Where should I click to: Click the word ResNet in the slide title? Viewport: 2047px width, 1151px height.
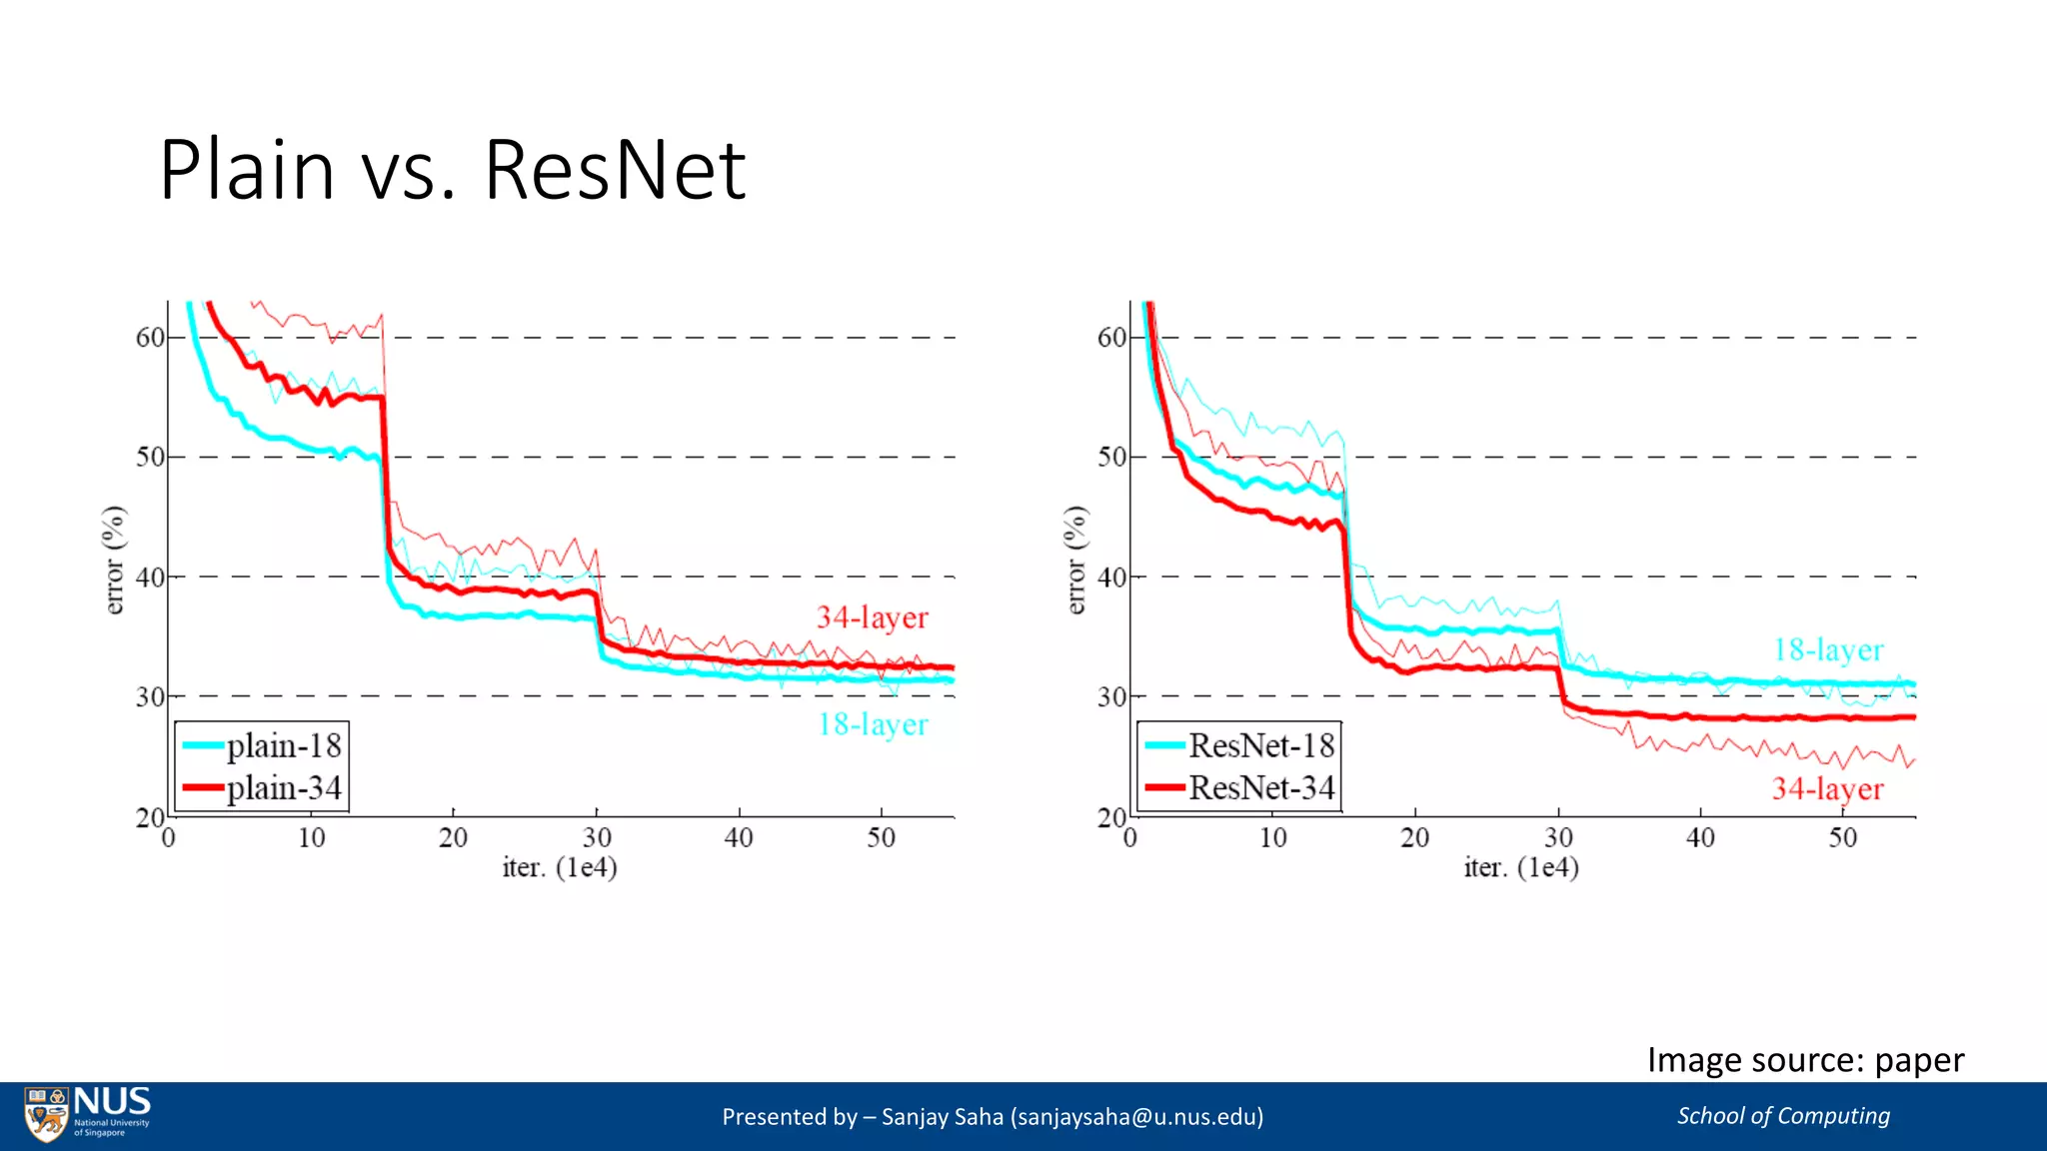click(615, 170)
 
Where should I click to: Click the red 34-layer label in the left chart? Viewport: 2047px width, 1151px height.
click(872, 617)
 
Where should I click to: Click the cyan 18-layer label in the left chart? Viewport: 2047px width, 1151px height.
click(872, 724)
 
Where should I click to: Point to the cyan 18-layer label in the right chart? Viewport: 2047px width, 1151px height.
click(1828, 650)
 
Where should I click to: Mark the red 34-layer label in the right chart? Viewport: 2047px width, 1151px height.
click(1827, 789)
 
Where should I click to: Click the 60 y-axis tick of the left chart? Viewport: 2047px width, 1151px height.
click(150, 338)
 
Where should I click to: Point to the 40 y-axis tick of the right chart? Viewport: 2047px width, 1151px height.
click(1111, 577)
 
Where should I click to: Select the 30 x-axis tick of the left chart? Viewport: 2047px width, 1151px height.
click(597, 837)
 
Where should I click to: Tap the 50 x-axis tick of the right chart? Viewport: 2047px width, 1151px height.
click(1843, 837)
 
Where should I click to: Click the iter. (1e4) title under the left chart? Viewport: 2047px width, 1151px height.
click(560, 867)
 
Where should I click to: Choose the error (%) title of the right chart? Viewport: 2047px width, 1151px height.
click(1075, 560)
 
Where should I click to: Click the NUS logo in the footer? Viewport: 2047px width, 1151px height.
click(88, 1113)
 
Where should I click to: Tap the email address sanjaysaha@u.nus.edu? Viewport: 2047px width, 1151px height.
click(1136, 1117)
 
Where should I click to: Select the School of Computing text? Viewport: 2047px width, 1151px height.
click(1783, 1116)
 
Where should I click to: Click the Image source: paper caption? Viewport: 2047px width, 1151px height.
click(1805, 1060)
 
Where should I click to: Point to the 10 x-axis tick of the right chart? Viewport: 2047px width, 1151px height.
click(1272, 837)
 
